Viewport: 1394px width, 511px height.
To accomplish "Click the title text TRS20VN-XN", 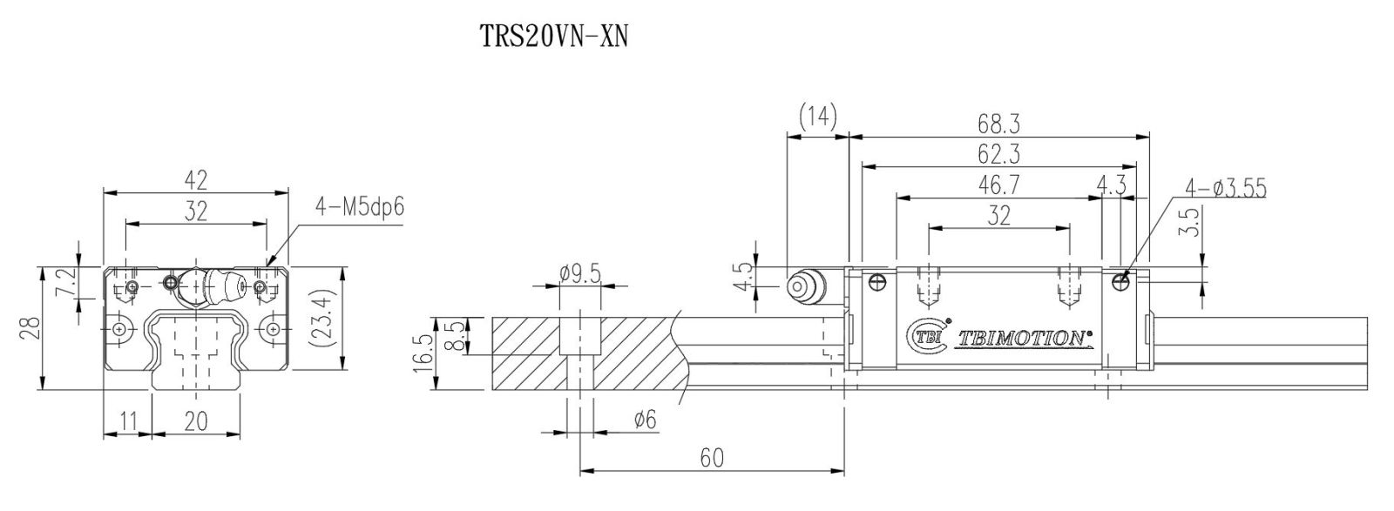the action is tap(553, 36).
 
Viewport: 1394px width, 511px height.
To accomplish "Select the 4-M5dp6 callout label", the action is tap(359, 207).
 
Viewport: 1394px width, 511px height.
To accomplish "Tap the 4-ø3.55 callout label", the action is tap(1225, 188).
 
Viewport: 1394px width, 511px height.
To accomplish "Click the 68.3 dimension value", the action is tap(998, 124).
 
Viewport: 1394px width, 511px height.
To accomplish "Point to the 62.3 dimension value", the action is tap(998, 153).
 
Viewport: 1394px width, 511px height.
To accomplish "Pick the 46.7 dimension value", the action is tap(998, 185).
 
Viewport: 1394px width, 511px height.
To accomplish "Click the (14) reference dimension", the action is tap(818, 117).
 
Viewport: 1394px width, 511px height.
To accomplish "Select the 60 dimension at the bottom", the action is tap(712, 458).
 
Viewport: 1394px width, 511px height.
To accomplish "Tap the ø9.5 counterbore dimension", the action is tap(580, 272).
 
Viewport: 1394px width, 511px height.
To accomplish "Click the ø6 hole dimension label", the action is tap(645, 420).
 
